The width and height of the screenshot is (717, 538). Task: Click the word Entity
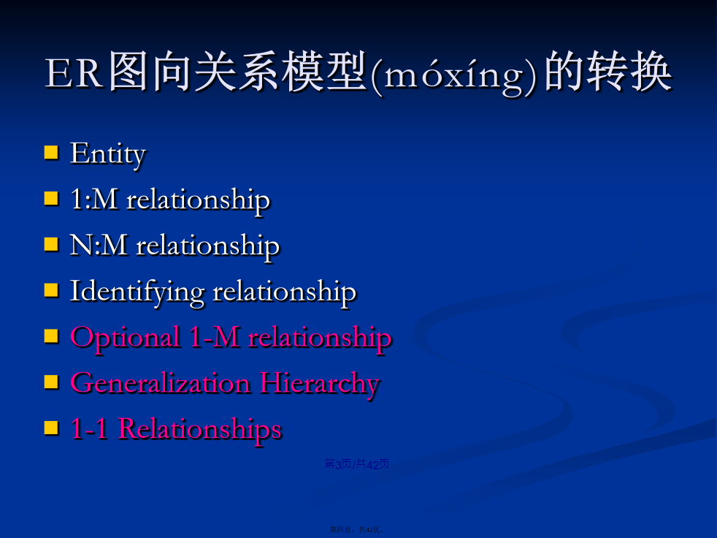(x=108, y=154)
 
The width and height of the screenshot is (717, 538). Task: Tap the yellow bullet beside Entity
(x=51, y=153)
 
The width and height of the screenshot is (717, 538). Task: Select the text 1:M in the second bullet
(x=93, y=199)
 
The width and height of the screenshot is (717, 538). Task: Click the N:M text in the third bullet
(x=99, y=245)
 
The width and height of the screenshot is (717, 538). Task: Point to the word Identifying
(x=137, y=292)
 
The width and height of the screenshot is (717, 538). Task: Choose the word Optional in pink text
(x=125, y=338)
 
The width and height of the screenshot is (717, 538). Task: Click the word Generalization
(x=161, y=383)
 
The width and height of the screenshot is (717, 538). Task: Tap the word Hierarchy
(x=320, y=384)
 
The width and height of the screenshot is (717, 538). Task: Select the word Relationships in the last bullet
(x=200, y=430)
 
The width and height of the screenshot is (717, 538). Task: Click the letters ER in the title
(x=73, y=74)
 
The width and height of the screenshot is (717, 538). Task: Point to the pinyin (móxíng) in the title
(x=455, y=75)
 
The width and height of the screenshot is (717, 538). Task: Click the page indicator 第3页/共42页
(x=356, y=464)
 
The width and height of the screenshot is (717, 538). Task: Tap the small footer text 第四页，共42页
(x=356, y=530)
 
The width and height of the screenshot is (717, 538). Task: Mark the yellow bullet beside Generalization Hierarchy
(x=51, y=382)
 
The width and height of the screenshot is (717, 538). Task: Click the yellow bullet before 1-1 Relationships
(x=51, y=428)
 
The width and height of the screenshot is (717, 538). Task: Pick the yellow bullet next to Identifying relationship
(x=51, y=290)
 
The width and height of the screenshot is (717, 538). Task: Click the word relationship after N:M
(x=208, y=247)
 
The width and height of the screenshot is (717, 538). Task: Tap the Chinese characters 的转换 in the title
(x=608, y=72)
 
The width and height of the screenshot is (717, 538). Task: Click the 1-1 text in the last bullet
(x=89, y=429)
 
